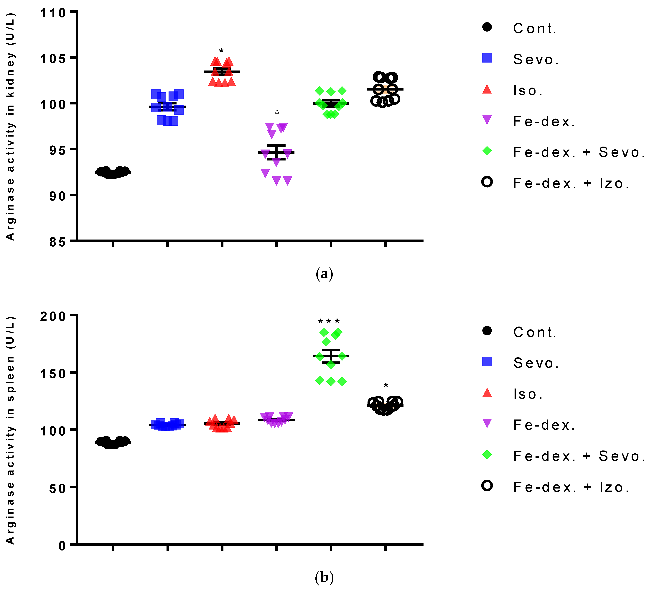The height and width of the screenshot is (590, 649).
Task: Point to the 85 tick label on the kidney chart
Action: click(x=57, y=242)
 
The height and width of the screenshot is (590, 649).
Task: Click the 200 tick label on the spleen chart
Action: click(x=53, y=316)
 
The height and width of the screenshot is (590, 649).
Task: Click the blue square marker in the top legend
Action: click(x=487, y=58)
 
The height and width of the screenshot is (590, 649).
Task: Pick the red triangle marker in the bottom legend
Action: click(x=487, y=393)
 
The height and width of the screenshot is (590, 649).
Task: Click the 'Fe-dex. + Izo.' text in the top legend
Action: click(x=571, y=183)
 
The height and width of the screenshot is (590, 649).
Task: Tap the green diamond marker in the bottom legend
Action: click(x=487, y=455)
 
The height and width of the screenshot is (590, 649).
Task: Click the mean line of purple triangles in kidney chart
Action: click(x=276, y=152)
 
